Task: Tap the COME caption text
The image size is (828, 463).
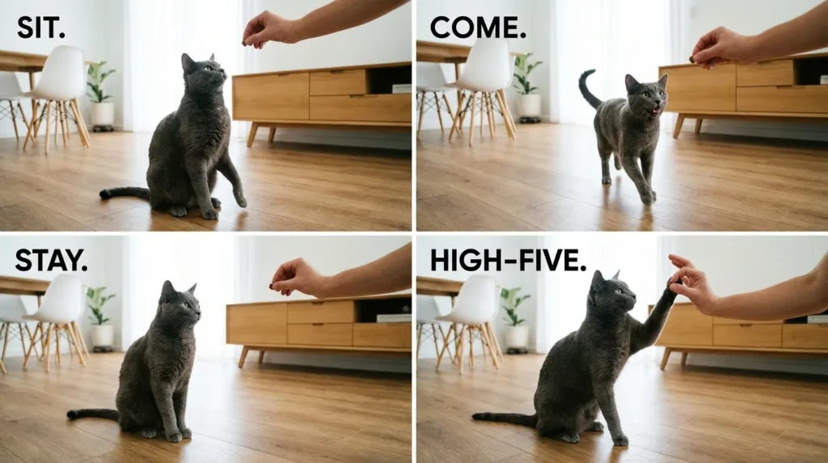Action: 478,28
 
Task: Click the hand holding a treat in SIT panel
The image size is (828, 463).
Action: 264,31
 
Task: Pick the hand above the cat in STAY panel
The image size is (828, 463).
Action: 295,278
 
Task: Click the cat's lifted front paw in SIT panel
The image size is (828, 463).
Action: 240,198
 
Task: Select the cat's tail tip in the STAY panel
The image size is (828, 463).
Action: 73,414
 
